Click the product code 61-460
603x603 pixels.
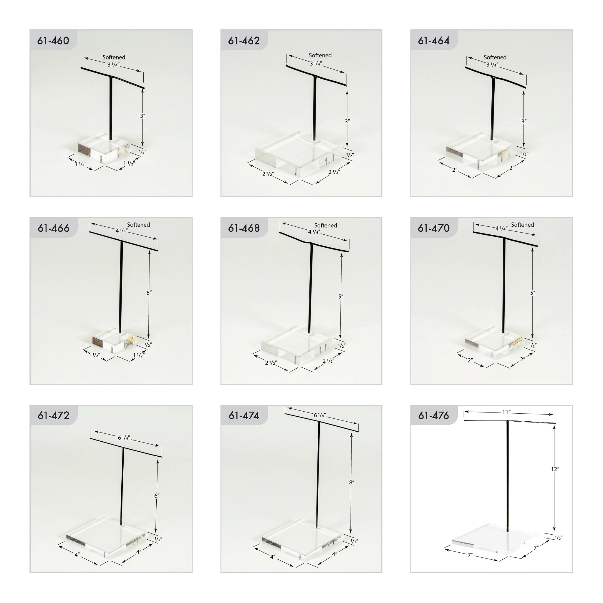click(53, 41)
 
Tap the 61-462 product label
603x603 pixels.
click(244, 41)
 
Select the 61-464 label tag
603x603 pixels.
click(434, 41)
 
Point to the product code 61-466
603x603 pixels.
click(53, 228)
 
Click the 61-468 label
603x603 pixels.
click(244, 228)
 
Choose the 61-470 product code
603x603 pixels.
click(434, 228)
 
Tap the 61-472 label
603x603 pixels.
click(53, 415)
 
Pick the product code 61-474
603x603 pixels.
click(244, 415)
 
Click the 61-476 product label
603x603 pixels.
click(434, 415)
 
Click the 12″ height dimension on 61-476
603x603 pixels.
click(555, 478)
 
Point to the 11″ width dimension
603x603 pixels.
click(506, 413)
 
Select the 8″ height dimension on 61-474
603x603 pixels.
click(352, 483)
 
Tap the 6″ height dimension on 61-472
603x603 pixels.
click(157, 496)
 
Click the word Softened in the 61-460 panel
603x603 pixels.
click(114, 57)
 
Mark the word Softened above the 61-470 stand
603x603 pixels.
click(523, 225)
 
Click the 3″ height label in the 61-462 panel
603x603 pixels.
click(347, 121)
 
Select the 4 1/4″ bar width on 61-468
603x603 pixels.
click(314, 232)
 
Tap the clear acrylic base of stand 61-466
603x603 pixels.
click(114, 341)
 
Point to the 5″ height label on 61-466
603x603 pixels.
click(149, 293)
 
